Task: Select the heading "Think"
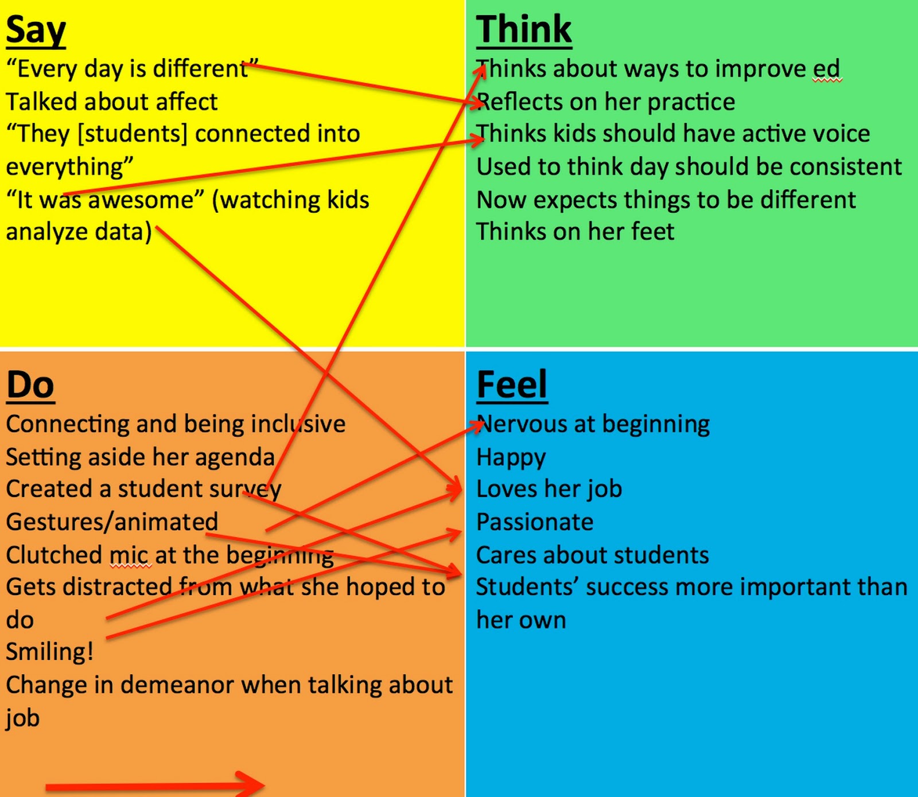tap(524, 30)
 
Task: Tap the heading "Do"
tap(30, 385)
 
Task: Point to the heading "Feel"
tap(512, 385)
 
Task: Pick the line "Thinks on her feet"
tap(575, 232)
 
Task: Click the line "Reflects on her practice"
tap(606, 102)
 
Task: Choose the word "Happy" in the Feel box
tap(511, 458)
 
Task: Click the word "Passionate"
tap(535, 522)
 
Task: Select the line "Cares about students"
tap(592, 555)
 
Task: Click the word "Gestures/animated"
tap(112, 522)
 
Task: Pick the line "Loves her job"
tap(549, 489)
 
